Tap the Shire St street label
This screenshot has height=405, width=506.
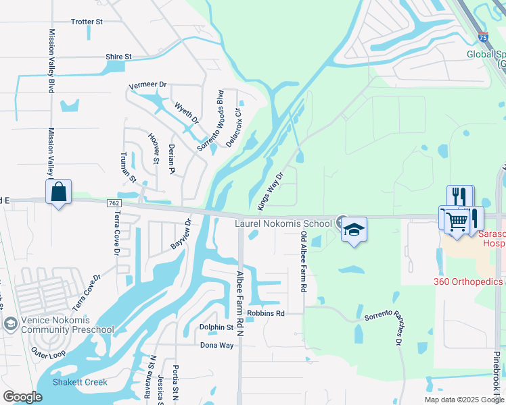118,57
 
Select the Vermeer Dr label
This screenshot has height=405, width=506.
148,85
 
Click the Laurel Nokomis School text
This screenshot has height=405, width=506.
283,223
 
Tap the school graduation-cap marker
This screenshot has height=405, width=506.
354,230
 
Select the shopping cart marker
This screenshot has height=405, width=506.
457,221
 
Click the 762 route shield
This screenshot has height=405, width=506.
114,202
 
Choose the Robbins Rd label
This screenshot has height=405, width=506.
265,314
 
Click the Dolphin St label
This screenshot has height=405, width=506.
216,327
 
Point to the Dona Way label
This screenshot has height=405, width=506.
216,345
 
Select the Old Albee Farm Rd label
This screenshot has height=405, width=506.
304,263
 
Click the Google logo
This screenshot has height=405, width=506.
22,397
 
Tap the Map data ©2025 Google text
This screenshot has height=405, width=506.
463,400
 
